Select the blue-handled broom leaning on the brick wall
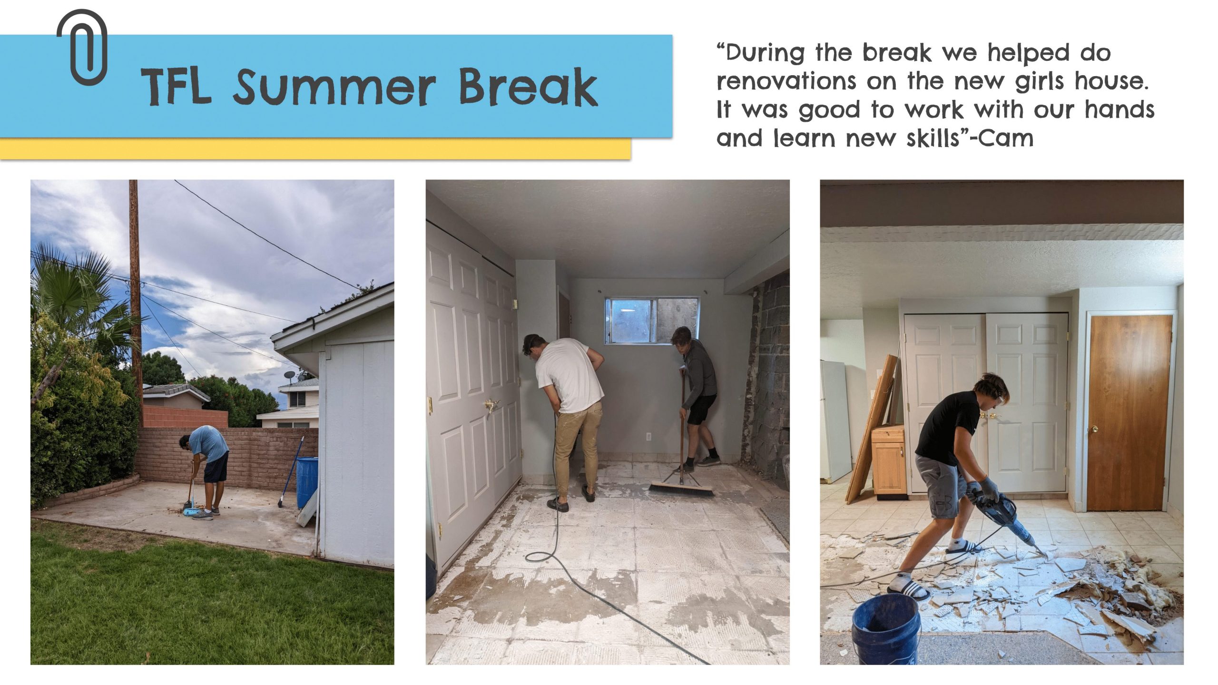tap(291, 471)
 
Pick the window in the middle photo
tap(652, 320)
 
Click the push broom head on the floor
tap(682, 489)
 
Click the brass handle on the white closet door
tap(491, 405)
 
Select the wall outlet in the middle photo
tap(648, 436)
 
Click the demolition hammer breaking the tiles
tap(1009, 523)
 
